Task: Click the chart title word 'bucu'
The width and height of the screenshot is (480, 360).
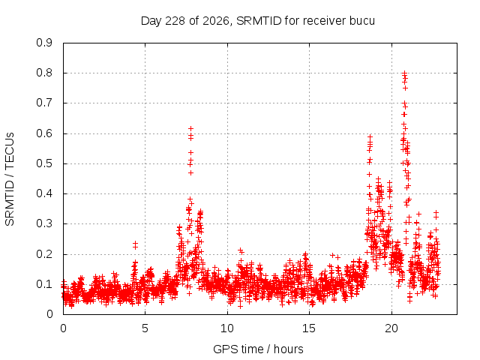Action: pos(361,21)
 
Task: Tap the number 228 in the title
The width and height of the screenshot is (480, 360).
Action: pos(175,21)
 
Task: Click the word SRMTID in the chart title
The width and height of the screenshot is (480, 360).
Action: pos(259,21)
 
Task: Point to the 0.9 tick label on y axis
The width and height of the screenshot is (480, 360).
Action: pos(44,43)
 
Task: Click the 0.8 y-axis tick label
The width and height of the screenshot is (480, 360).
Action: pos(44,73)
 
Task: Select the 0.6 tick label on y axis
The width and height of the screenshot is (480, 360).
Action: pos(44,133)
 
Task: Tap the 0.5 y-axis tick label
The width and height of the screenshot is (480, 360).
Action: pos(44,163)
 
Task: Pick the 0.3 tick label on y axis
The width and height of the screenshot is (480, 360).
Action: pos(44,223)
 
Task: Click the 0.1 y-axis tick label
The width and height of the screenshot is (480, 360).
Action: pos(44,284)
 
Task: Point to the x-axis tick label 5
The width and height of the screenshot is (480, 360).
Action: pos(145,328)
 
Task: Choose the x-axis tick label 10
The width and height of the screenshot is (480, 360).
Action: pos(227,328)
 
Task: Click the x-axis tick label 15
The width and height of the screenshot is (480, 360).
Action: pos(309,328)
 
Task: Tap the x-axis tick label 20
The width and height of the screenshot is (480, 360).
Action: pos(391,328)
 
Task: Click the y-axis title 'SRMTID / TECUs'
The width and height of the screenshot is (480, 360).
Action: pos(10,179)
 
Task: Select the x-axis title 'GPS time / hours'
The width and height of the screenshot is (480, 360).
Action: pos(258,349)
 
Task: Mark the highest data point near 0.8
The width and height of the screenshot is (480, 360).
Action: pos(404,73)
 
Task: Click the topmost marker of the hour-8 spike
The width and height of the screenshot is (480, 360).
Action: pos(190,128)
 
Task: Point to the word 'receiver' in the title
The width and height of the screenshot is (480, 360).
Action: pos(324,21)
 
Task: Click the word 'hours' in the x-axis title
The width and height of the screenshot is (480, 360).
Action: pos(288,349)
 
